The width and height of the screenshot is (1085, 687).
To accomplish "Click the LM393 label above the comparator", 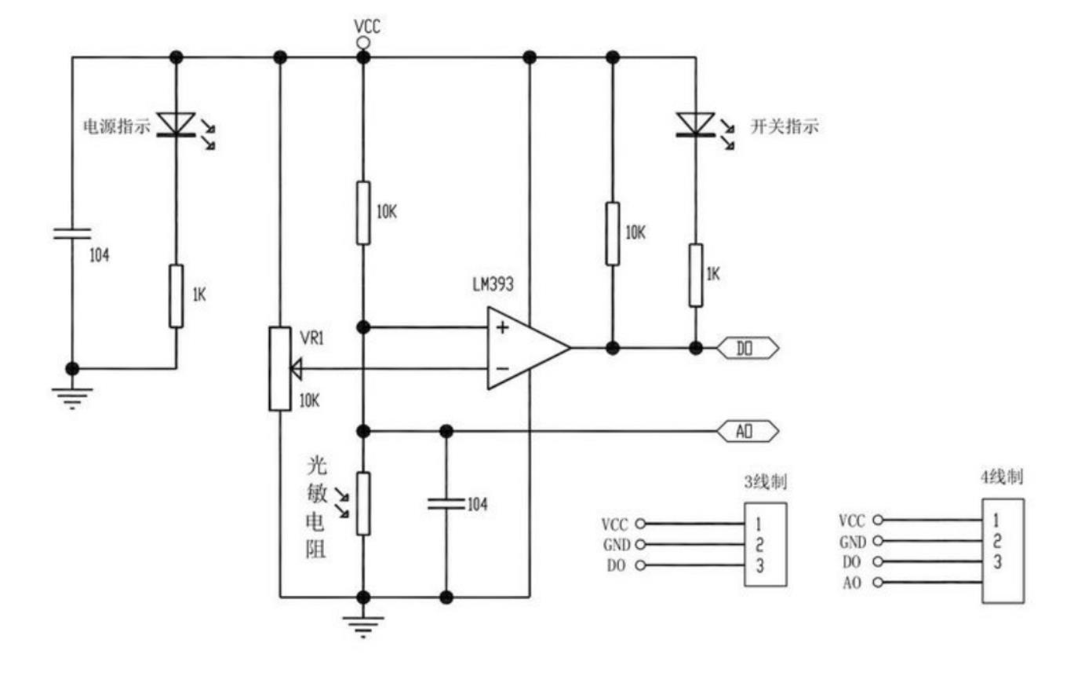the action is click(x=493, y=284).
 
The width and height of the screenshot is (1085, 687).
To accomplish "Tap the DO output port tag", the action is click(x=748, y=348).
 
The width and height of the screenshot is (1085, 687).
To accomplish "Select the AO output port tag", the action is click(x=748, y=431).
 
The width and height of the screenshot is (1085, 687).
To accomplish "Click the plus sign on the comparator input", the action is click(x=502, y=327).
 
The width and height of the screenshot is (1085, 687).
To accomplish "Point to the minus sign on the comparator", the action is click(x=503, y=368).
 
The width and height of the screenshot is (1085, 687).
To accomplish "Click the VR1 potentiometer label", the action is click(x=312, y=338).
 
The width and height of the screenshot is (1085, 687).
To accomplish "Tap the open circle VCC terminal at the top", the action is click(x=363, y=43).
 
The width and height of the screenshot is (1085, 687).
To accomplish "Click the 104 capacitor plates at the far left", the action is click(x=72, y=234).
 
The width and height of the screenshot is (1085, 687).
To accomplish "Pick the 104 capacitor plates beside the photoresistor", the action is click(x=446, y=503).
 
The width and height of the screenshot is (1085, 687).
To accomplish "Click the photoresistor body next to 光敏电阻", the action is click(x=363, y=504).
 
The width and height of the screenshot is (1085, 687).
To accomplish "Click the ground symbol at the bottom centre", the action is click(x=363, y=627).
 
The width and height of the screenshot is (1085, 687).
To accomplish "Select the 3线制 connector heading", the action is click(x=766, y=482).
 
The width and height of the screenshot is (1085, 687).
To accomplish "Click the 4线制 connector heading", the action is click(x=1002, y=477).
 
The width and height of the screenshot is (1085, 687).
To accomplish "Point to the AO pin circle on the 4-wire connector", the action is click(x=878, y=583).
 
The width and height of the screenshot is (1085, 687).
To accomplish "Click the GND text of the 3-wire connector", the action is click(x=617, y=545).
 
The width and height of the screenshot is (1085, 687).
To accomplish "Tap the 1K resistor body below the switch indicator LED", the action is click(x=696, y=276).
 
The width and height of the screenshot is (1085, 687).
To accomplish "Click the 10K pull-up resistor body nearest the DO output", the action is click(x=613, y=234).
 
